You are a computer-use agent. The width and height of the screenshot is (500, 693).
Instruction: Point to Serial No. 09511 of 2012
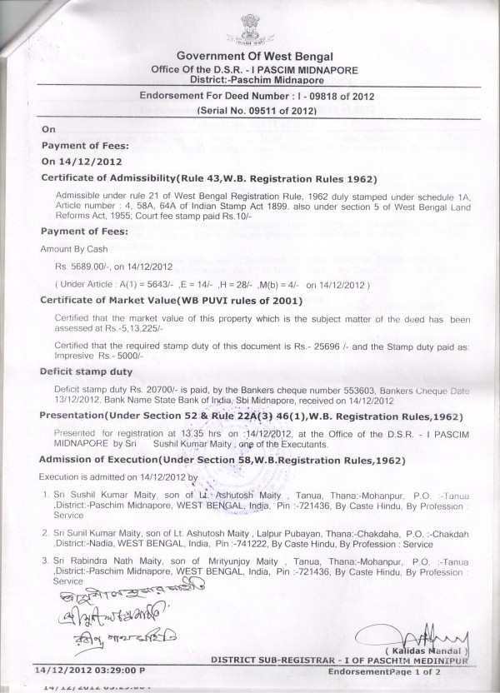click(257, 110)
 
